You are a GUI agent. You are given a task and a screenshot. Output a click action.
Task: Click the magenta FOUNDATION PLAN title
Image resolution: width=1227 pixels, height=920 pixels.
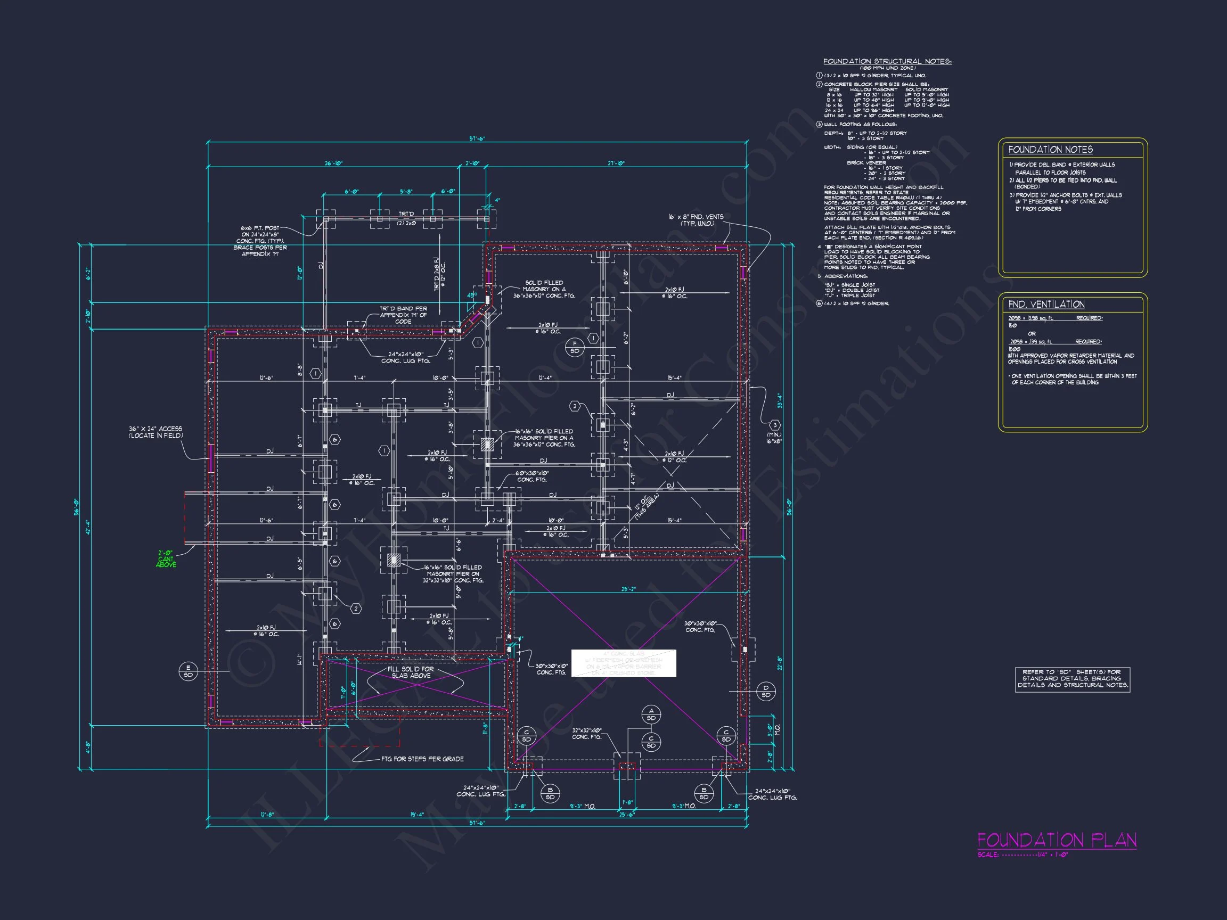pyautogui.click(x=1057, y=840)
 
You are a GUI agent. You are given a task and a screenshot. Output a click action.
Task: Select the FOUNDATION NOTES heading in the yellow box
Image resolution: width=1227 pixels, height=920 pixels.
pyautogui.click(x=1050, y=150)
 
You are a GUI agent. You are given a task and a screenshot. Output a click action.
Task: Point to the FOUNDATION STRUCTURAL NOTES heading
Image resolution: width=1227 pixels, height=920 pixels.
pyautogui.click(x=887, y=62)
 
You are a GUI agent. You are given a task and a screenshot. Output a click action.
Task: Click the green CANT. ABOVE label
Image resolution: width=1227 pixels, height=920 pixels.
pyautogui.click(x=166, y=559)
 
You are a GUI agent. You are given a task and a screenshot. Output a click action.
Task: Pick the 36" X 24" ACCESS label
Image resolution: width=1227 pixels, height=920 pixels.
pyautogui.click(x=156, y=432)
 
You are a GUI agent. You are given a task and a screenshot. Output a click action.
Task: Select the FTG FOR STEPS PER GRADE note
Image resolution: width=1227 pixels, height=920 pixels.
pyautogui.click(x=422, y=759)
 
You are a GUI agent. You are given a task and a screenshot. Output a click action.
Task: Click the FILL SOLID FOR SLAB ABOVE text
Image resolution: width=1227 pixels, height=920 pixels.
pyautogui.click(x=411, y=672)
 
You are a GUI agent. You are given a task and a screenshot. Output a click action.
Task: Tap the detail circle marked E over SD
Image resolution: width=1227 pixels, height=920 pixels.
pyautogui.click(x=188, y=671)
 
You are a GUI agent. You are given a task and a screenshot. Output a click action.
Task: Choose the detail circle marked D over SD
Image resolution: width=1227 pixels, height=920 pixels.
pyautogui.click(x=765, y=692)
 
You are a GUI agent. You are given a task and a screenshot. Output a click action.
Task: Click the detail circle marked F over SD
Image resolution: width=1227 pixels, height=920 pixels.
pyautogui.click(x=575, y=347)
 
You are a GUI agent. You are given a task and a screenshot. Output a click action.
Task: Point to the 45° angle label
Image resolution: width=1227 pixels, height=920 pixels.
pyautogui.click(x=471, y=295)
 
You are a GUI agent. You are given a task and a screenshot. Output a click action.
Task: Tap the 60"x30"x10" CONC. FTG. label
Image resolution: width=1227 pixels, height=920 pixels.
pyautogui.click(x=531, y=477)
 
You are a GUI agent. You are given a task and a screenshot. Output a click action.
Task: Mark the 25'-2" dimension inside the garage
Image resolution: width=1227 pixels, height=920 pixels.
pyautogui.click(x=628, y=589)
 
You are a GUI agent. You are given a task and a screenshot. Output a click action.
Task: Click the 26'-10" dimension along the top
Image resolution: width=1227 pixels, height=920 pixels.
pyautogui.click(x=334, y=163)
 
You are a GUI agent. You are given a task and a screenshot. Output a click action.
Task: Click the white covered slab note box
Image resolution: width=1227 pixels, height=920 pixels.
pyautogui.click(x=624, y=663)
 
